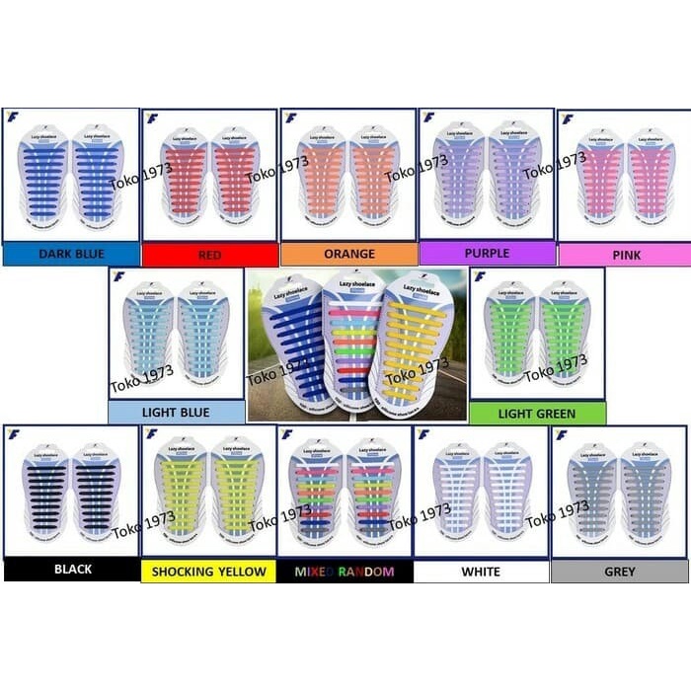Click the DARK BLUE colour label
[x=71, y=255]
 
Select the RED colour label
[x=209, y=256]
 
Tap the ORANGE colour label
[x=348, y=255]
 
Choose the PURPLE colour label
[x=487, y=254]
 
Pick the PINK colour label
[x=626, y=256]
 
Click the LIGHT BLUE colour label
[x=176, y=413]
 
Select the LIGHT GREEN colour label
[x=538, y=414]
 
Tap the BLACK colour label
[x=73, y=570]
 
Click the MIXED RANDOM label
[x=345, y=572]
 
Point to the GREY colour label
[x=620, y=572]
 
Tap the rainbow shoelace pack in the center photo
[x=352, y=336]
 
